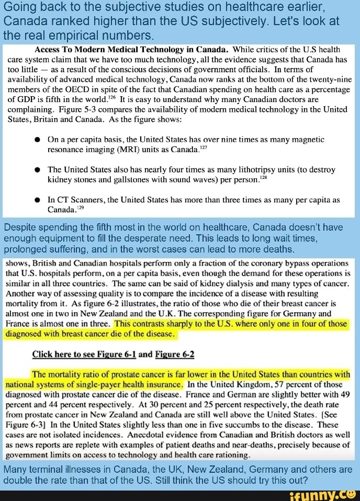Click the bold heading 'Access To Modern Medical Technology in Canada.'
130,50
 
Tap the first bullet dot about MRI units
38,140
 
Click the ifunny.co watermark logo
324,494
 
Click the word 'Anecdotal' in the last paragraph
151,434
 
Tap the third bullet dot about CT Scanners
38,200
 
